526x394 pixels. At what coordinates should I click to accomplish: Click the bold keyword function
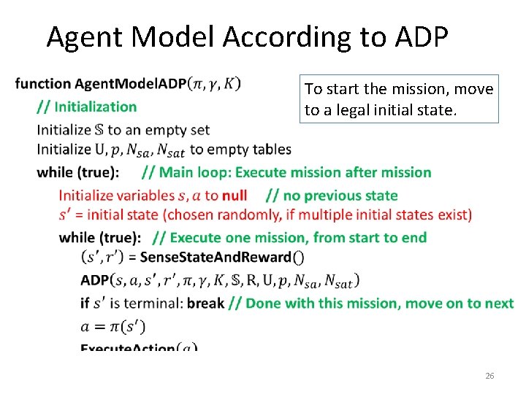42,84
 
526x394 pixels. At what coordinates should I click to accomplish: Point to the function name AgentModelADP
131,84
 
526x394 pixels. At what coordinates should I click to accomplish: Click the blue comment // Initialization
87,107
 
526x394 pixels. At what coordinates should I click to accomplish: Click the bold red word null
234,195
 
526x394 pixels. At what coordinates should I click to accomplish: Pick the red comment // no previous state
332,195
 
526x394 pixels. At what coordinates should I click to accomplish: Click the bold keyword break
205,303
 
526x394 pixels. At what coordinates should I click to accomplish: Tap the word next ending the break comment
499,303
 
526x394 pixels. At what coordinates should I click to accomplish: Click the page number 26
489,376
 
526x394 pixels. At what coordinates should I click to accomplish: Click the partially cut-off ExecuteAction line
139,347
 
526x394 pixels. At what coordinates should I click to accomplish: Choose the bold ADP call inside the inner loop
95,279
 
